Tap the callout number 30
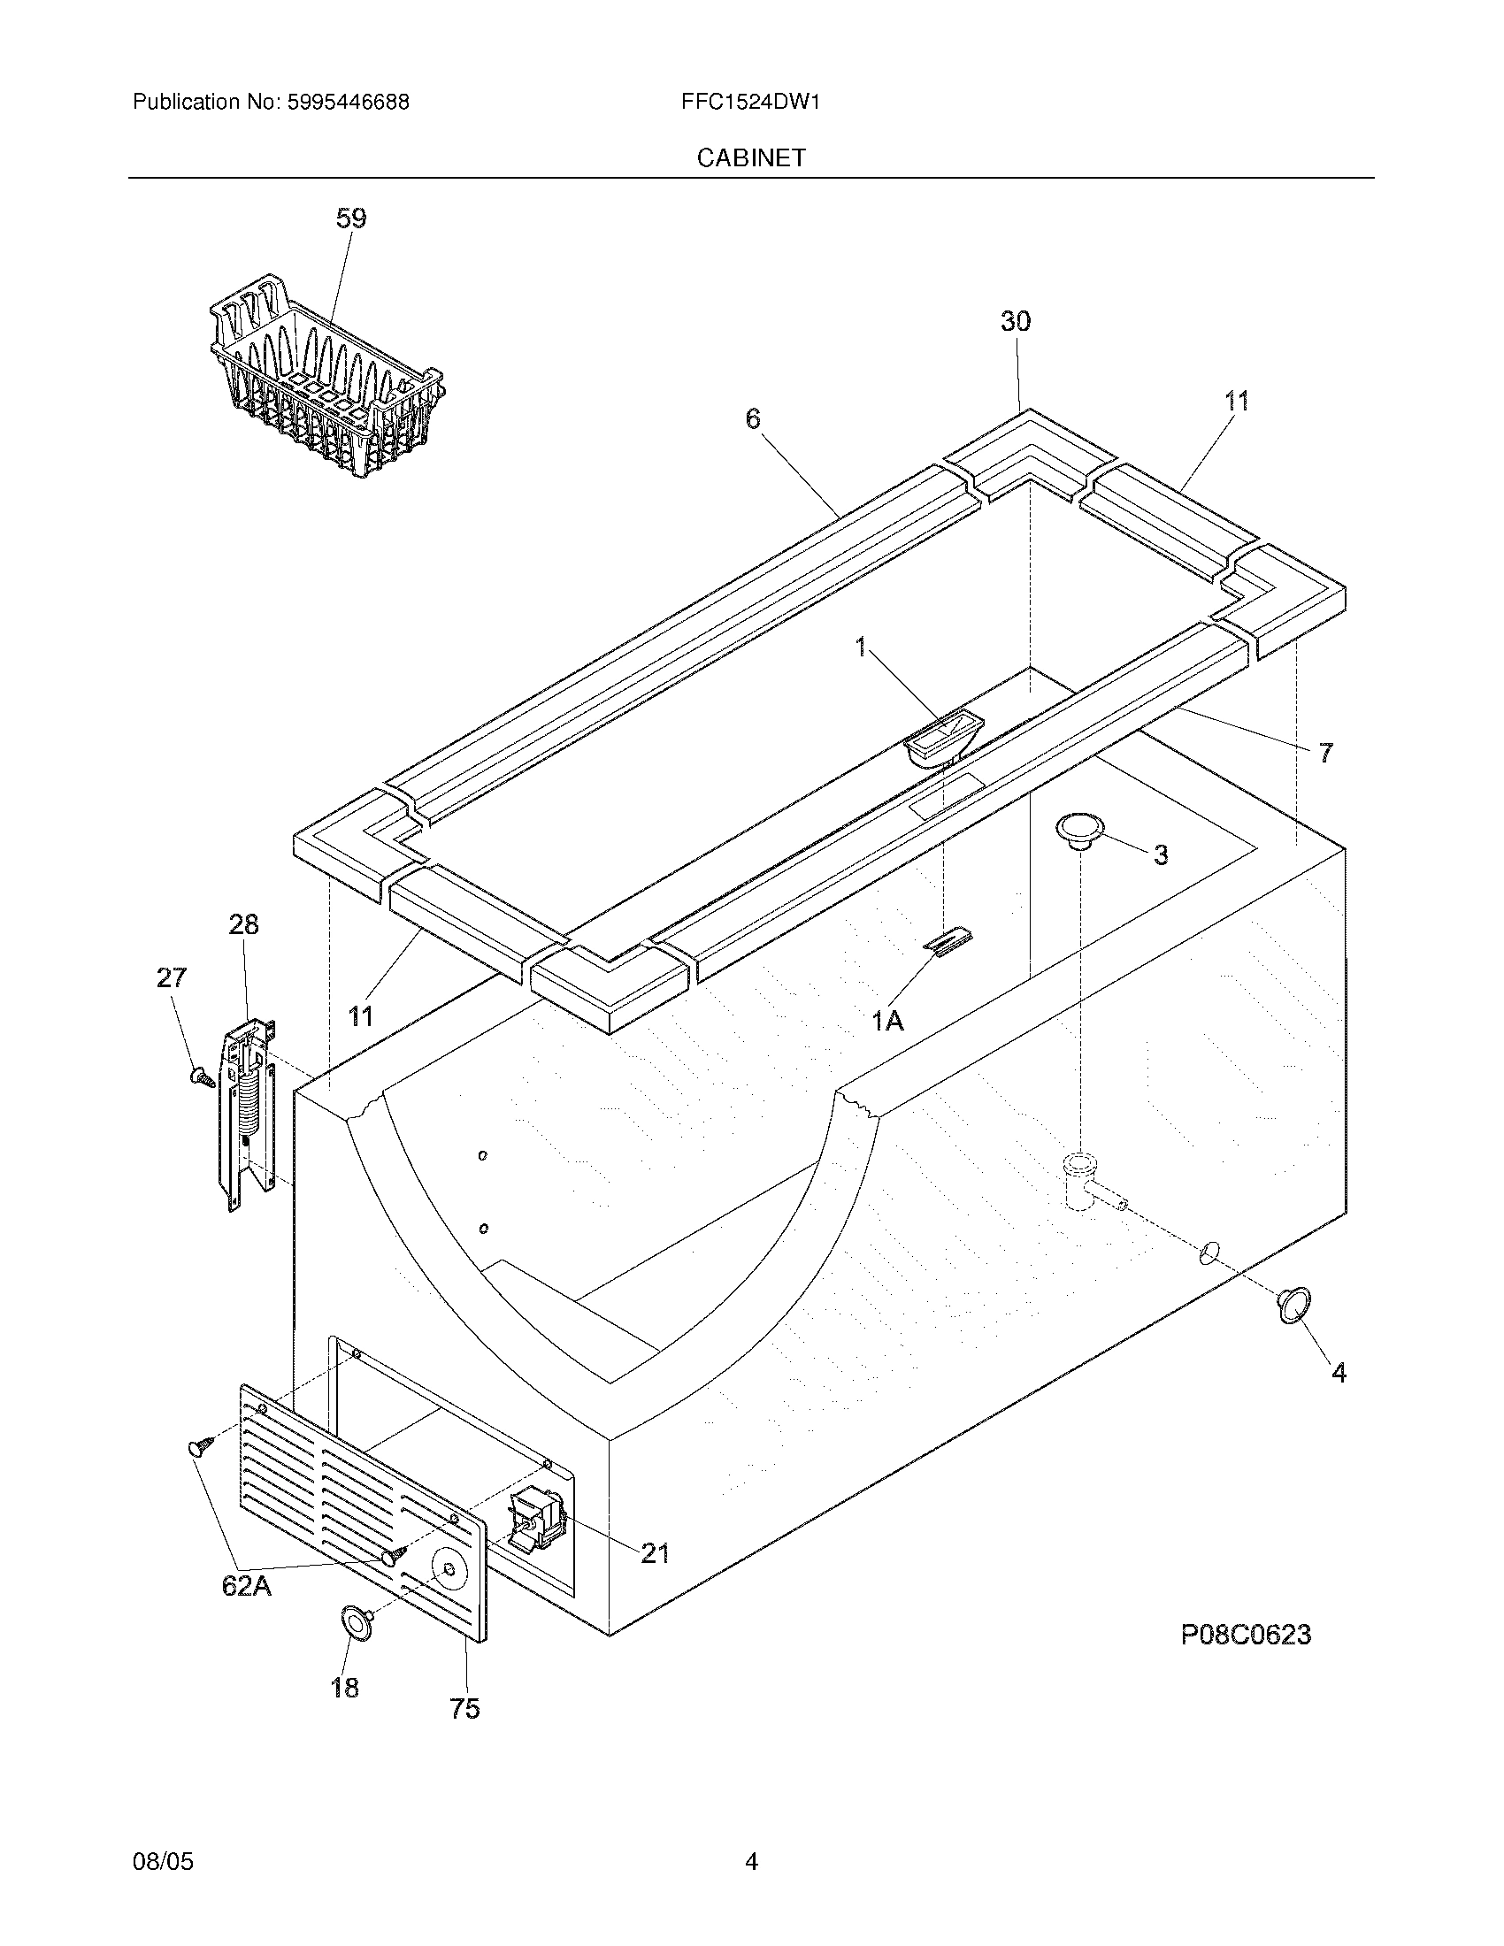(1015, 322)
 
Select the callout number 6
(754, 418)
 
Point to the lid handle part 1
(944, 739)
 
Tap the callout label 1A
(887, 1021)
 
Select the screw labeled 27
(202, 1078)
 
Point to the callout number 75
(464, 1708)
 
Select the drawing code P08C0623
(1246, 1635)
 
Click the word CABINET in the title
(750, 157)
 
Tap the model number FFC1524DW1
(750, 103)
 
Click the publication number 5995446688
(349, 103)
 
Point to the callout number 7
(1326, 753)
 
